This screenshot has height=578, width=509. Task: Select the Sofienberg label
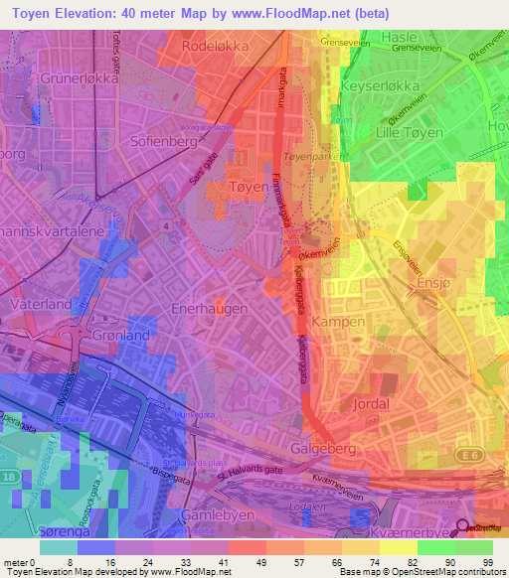click(x=162, y=142)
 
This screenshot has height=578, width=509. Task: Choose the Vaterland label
click(x=42, y=302)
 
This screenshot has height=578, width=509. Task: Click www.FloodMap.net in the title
click(x=299, y=13)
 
